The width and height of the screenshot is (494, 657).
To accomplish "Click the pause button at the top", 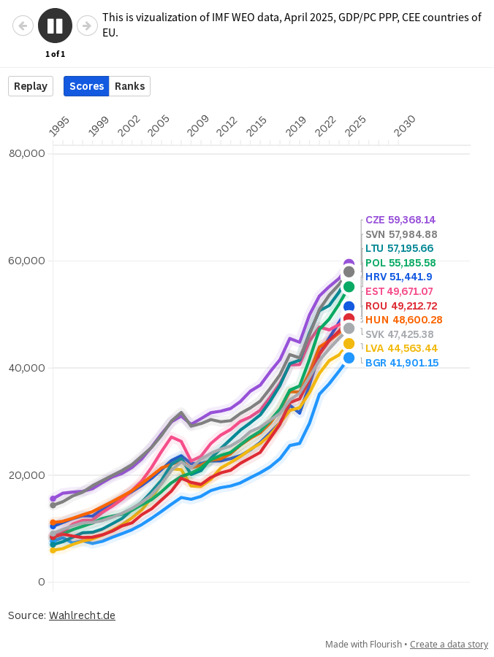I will coord(55,26).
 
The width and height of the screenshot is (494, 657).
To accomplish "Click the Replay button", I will coord(31,86).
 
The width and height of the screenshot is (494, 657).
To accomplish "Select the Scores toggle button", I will coord(86,86).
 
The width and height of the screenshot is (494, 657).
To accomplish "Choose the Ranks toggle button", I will coord(129,86).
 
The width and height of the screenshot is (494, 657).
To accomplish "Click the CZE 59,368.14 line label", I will coord(410,220).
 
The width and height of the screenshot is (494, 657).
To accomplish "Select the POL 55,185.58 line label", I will coord(411,263).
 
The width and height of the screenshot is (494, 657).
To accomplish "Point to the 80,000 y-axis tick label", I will coord(27,153).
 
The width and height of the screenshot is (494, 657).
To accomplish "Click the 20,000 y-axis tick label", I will coord(27,475).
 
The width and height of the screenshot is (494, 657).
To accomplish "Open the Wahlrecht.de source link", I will coord(82,615).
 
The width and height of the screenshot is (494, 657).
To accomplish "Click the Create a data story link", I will coord(449,645).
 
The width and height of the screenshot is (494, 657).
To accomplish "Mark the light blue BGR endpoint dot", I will coord(349,358).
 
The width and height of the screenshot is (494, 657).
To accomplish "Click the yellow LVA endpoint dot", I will coord(349,344).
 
